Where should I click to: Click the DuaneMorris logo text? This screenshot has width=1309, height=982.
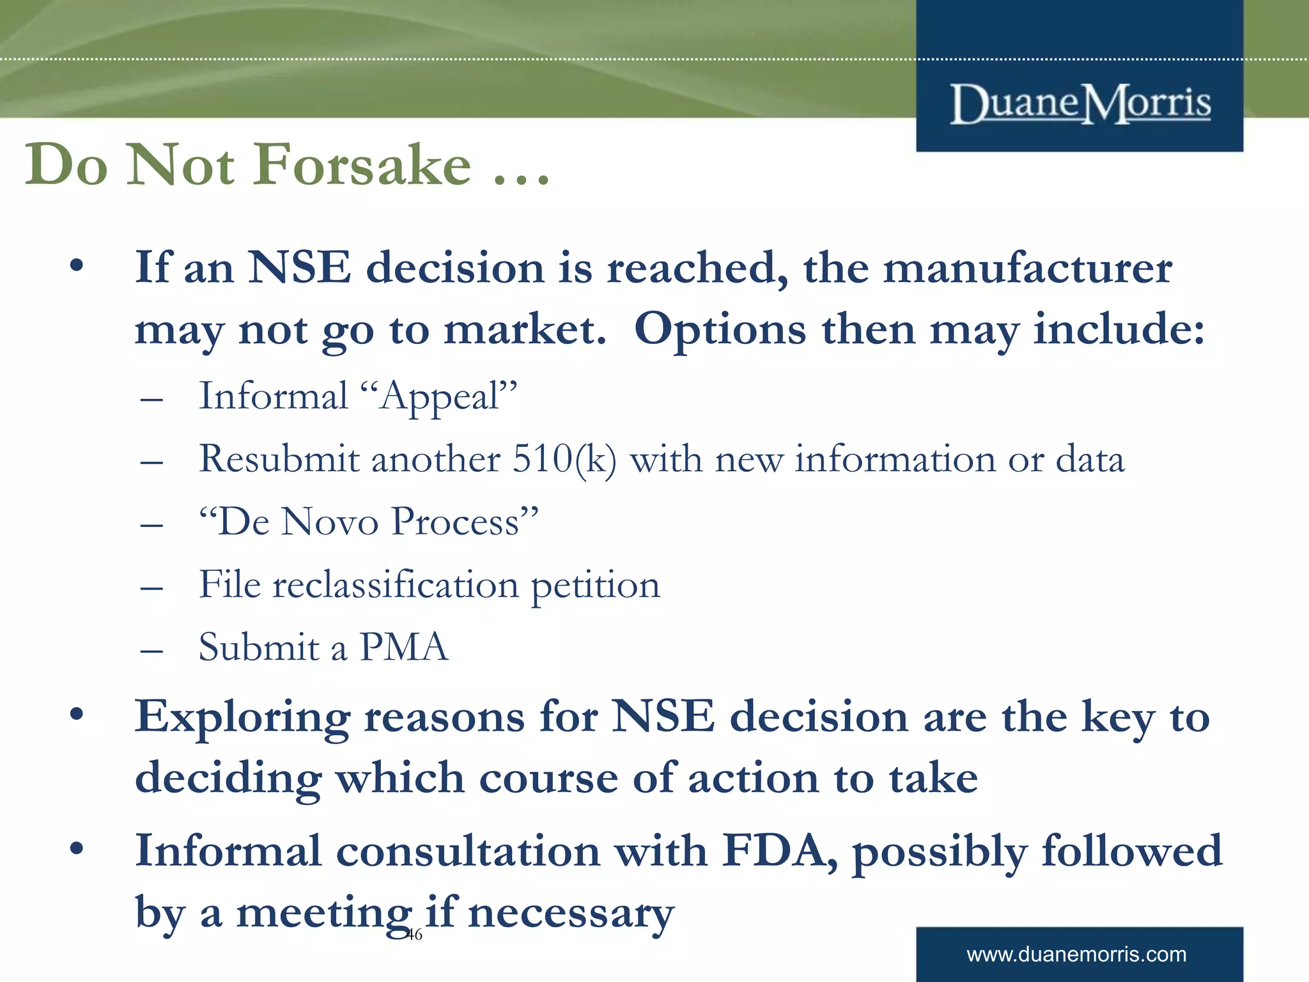coord(1080,104)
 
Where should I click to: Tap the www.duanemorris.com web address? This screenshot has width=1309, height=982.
coord(1076,955)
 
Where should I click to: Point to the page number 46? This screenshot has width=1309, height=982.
coord(415,935)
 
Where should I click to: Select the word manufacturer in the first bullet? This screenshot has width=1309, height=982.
coord(1028,268)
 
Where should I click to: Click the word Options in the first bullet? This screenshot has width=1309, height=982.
coord(720,330)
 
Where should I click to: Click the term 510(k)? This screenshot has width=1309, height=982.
coord(564,459)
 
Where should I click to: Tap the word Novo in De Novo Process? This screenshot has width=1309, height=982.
coord(330,522)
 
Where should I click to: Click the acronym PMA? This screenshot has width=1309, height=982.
coord(404,647)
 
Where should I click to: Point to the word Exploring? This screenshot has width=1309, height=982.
coord(242,717)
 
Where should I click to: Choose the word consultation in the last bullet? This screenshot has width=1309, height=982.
coord(468,852)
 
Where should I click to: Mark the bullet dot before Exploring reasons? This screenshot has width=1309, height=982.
coord(77,715)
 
